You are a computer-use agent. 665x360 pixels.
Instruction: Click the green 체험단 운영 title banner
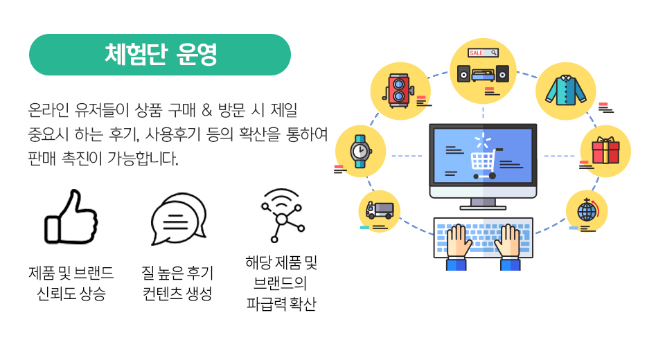tap(160, 55)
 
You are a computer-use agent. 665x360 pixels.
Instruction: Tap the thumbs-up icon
tap(71, 217)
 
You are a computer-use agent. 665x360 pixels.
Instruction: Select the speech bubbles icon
tap(179, 219)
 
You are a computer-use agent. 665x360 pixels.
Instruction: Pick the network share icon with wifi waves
tap(282, 215)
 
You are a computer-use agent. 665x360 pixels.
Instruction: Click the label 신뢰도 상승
tap(71, 294)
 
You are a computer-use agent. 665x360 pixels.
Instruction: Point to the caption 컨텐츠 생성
tap(177, 294)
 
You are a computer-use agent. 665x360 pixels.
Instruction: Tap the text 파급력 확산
tap(282, 304)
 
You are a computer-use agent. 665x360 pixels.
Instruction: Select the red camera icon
tap(399, 90)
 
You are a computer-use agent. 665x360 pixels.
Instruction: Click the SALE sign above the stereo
tap(483, 53)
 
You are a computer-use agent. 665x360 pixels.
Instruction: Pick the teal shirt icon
tap(566, 90)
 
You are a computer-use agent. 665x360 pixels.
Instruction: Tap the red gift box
tap(605, 150)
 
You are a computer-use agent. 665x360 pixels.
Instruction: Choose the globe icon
tap(587, 210)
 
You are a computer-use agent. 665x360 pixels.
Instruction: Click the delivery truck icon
tap(380, 210)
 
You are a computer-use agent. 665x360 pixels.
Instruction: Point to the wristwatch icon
tap(360, 152)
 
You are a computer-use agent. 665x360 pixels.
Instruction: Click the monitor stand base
tap(483, 208)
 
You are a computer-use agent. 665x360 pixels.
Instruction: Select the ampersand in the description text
tap(206, 110)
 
